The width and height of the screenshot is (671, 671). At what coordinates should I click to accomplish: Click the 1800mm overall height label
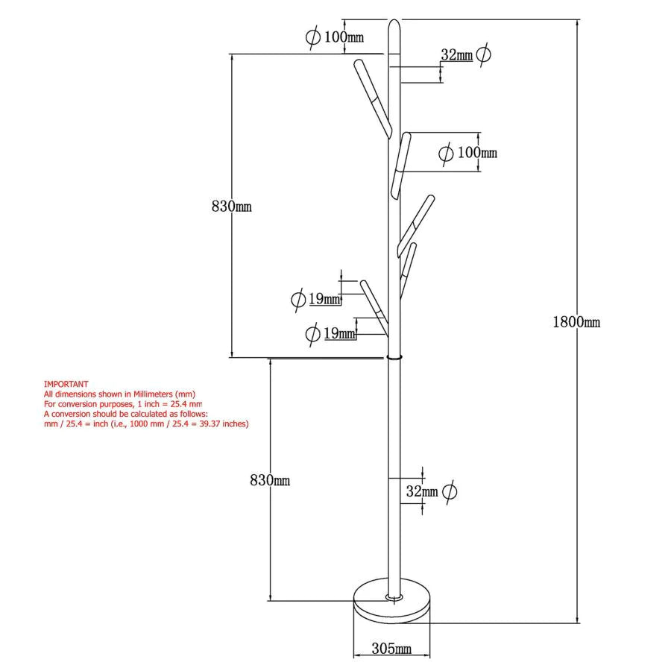(x=576, y=322)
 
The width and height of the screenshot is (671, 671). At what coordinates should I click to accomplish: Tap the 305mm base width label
(x=391, y=649)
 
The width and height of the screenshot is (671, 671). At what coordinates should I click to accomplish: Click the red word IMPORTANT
(x=66, y=384)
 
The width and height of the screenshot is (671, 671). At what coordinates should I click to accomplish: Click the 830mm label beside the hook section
(x=231, y=207)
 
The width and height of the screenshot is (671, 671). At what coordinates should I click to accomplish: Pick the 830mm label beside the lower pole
(x=270, y=481)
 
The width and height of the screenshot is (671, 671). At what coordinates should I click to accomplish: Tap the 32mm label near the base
(x=422, y=491)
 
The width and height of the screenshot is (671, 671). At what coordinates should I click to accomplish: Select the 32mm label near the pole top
(x=456, y=54)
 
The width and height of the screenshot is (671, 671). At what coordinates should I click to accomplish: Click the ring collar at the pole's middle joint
(x=394, y=357)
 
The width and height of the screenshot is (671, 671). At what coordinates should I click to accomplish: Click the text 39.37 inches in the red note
(x=224, y=423)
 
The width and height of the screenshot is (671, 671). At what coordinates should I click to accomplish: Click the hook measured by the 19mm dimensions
(x=375, y=308)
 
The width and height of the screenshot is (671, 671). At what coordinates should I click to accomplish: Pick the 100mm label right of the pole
(x=477, y=153)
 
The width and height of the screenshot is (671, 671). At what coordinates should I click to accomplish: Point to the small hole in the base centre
(x=393, y=596)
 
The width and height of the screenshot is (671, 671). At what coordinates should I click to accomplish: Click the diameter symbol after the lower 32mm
(x=449, y=491)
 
